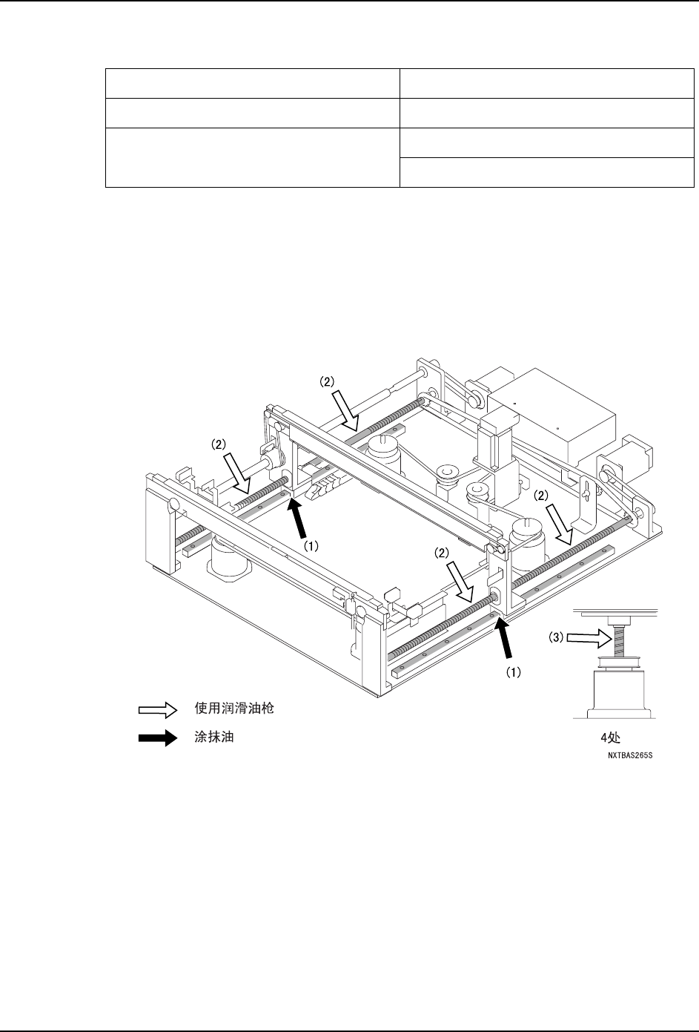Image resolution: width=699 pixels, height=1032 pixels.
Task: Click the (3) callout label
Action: (x=555, y=637)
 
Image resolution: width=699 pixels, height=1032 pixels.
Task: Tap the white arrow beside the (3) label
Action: (x=586, y=637)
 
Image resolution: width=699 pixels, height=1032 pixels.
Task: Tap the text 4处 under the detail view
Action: (x=612, y=739)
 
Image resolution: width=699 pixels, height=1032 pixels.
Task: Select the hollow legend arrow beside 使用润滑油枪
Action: (x=157, y=710)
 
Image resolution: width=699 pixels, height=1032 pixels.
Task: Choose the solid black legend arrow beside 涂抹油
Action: (x=157, y=738)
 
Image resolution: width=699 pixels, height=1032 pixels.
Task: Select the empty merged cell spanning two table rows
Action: (x=252, y=157)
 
